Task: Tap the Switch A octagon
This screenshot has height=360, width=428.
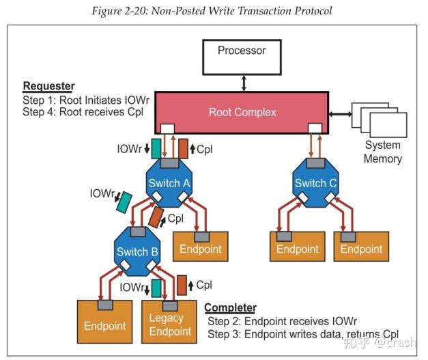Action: coord(169,182)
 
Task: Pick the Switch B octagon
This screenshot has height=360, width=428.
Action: coord(137,251)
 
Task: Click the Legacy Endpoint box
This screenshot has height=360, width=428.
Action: coord(170,324)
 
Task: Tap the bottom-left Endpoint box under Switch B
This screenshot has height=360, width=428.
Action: coord(104,324)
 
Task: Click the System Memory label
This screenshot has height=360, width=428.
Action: coord(383,152)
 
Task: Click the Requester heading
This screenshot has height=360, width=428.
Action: coord(48,86)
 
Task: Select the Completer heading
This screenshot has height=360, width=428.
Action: coord(231,308)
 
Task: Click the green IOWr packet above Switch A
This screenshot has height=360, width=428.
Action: coord(156,148)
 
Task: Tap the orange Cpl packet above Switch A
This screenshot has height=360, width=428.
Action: coord(183,148)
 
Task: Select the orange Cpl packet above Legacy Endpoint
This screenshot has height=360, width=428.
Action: coord(182,284)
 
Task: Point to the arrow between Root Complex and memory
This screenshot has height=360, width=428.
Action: coord(339,113)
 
